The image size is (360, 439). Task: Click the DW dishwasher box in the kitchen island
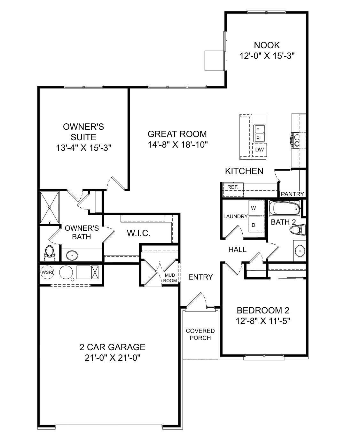click(x=259, y=150)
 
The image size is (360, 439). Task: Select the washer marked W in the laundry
click(x=254, y=208)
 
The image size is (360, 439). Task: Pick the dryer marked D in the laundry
click(x=254, y=225)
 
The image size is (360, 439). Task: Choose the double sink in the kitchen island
click(x=259, y=133)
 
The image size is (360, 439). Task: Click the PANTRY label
click(x=292, y=194)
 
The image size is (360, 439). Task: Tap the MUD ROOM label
click(x=170, y=278)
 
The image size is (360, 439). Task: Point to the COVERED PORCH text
click(x=200, y=334)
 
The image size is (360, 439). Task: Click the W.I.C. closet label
click(x=138, y=233)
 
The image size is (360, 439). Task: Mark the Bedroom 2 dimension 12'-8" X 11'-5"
click(x=263, y=321)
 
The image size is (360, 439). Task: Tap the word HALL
click(x=237, y=250)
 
